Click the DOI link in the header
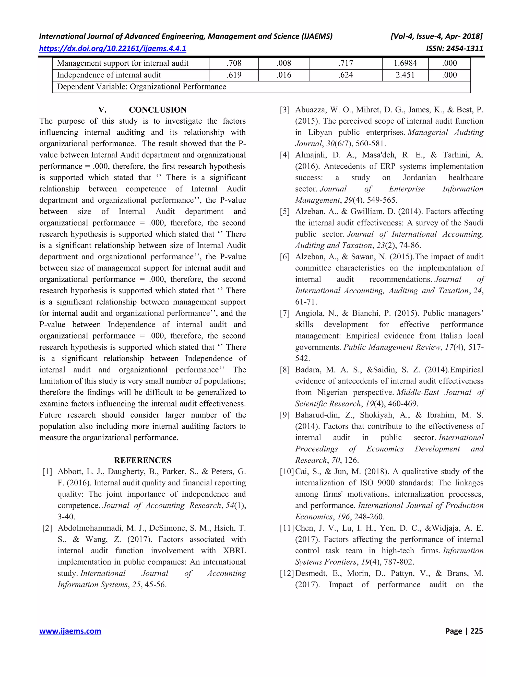[112, 48]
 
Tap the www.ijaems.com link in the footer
[70, 631]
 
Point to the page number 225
[477, 631]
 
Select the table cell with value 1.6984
[405, 63]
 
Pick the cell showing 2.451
[405, 75]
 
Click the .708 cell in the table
[234, 63]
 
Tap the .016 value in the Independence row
[283, 75]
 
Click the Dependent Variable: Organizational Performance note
[141, 87]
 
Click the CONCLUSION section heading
[157, 110]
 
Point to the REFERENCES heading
[142, 460]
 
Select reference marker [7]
[285, 313]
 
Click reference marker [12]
[287, 574]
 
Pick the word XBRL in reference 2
[234, 551]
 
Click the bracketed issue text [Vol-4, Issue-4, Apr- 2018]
[436, 37]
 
